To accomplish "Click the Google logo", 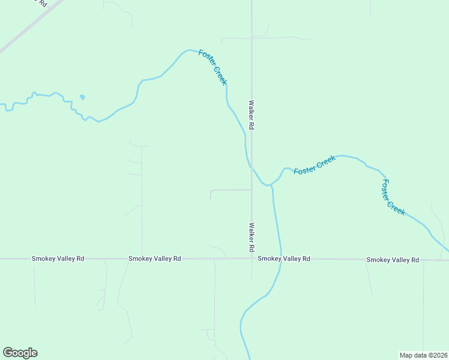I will (x=20, y=353).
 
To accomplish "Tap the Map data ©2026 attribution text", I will (x=423, y=355).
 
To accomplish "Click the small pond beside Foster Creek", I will (x=82, y=97).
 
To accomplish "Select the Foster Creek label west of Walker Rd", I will (x=213, y=68).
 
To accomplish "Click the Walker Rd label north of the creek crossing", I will (x=252, y=115).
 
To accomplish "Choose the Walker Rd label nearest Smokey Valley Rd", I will (x=252, y=237).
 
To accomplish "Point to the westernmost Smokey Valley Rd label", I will (x=58, y=259).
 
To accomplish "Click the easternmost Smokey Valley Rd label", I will (x=392, y=260).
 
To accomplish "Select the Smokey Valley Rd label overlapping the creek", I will (x=284, y=259).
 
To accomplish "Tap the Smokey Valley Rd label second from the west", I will (x=154, y=259).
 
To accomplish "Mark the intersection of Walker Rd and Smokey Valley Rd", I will (x=252, y=259).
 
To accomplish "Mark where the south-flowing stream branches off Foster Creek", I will (x=271, y=185).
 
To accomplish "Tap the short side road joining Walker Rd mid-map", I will (x=231, y=190).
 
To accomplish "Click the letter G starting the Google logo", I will (x=8, y=352).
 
